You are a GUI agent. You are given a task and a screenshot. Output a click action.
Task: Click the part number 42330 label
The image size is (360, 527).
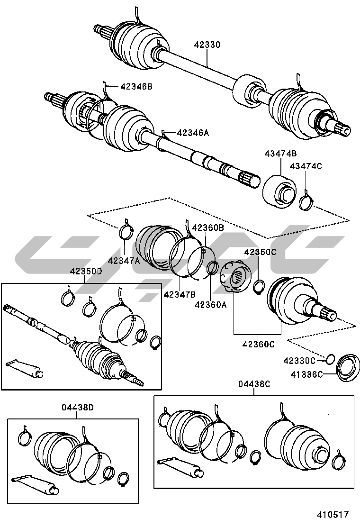point(207,45)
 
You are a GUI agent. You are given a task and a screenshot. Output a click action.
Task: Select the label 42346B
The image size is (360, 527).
point(136,87)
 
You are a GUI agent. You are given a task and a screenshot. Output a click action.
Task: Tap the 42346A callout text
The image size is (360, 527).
point(193,133)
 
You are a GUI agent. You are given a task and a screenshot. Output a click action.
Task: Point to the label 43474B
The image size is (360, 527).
point(280,154)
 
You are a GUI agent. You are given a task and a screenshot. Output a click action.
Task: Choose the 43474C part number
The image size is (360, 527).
point(306,166)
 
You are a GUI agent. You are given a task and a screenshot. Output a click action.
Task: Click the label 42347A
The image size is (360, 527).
point(124,260)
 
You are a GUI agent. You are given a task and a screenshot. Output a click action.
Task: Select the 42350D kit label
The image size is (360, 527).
point(86,272)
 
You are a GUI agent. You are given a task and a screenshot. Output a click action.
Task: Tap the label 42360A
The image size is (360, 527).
point(210,305)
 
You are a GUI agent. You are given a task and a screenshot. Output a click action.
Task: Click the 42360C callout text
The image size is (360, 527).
point(258,344)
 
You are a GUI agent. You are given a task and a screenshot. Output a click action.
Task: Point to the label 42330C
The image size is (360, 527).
point(299,361)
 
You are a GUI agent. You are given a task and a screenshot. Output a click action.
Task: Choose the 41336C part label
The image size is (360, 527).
point(306,374)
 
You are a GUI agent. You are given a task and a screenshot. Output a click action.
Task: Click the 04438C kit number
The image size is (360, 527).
point(254,384)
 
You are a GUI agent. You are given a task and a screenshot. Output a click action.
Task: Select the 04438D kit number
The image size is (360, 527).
point(78,407)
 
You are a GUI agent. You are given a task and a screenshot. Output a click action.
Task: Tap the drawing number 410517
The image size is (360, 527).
point(333,514)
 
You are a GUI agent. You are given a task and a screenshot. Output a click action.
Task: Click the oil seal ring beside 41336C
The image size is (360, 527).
point(349,367)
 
